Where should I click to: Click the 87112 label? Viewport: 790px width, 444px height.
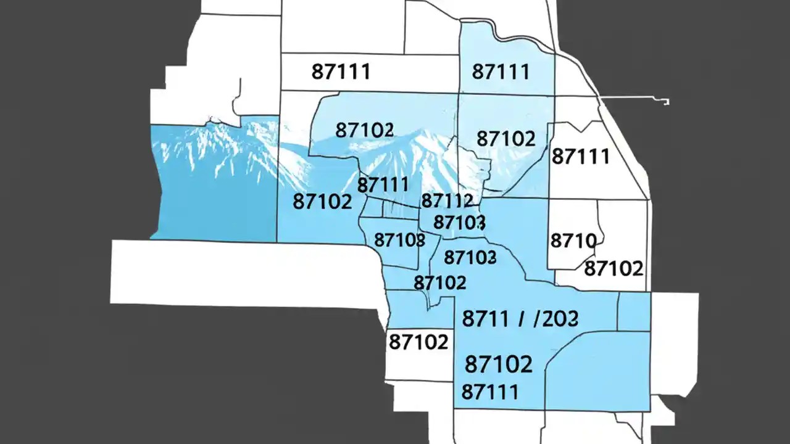coord(447,200)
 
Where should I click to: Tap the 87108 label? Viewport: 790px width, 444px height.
coord(399,239)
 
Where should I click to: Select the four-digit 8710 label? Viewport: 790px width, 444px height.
coord(572,240)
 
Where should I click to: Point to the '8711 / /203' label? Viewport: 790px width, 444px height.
coord(520,318)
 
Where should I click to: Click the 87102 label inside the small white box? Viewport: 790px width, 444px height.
coord(418,342)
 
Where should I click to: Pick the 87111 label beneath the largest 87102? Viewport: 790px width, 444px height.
coord(489,391)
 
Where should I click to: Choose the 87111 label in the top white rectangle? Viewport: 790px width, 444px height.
coord(341,72)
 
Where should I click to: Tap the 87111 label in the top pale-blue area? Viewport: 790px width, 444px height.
coord(501,72)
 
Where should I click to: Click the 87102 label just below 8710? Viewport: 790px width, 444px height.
coord(613,268)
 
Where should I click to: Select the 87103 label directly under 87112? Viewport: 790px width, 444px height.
coord(459,222)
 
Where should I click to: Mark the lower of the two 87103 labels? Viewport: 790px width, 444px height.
coord(470,257)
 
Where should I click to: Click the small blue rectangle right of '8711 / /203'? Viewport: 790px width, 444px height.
coord(634,312)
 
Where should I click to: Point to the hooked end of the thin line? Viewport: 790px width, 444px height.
coord(667,102)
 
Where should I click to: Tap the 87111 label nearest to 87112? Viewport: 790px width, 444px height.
coord(383,184)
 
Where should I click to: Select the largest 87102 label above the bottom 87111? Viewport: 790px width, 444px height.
coord(498,364)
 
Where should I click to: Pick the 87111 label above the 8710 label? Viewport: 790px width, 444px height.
coord(580,156)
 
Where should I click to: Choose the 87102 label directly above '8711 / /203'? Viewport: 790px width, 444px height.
coord(439,283)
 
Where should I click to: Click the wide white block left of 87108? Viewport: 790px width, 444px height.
coord(241,271)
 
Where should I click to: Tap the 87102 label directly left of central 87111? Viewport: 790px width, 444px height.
coord(322,201)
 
